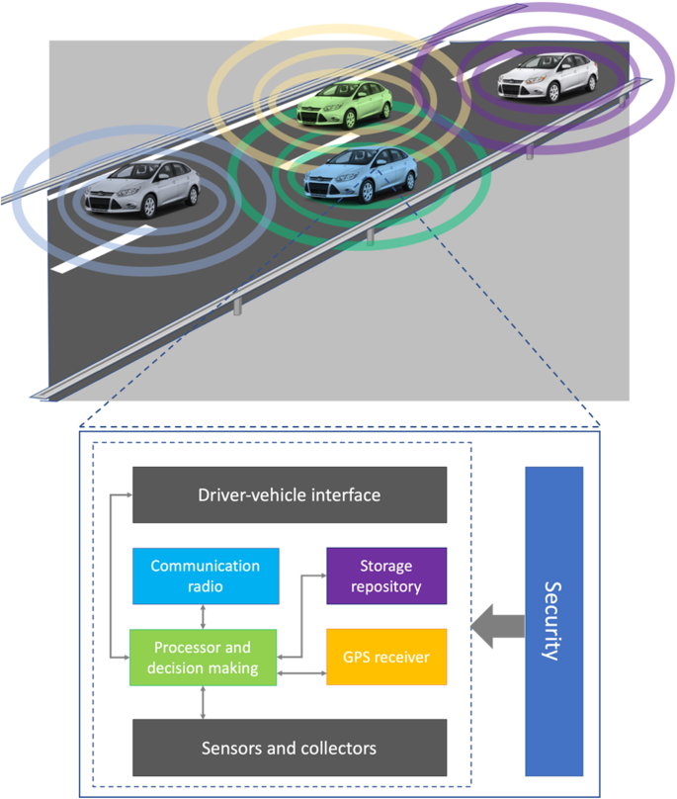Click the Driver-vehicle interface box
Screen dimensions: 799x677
[x=290, y=494]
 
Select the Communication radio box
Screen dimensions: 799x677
[x=205, y=576]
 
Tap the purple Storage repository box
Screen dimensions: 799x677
[x=386, y=576]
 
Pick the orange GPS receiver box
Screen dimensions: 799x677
[x=386, y=657]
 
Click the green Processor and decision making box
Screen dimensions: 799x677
[x=203, y=658]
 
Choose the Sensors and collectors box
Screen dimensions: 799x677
[x=290, y=748]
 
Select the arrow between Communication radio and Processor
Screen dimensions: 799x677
[x=204, y=617]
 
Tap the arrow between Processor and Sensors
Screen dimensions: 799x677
[x=204, y=702]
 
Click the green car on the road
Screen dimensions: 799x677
[x=344, y=106]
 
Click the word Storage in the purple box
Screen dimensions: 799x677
[x=386, y=566]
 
